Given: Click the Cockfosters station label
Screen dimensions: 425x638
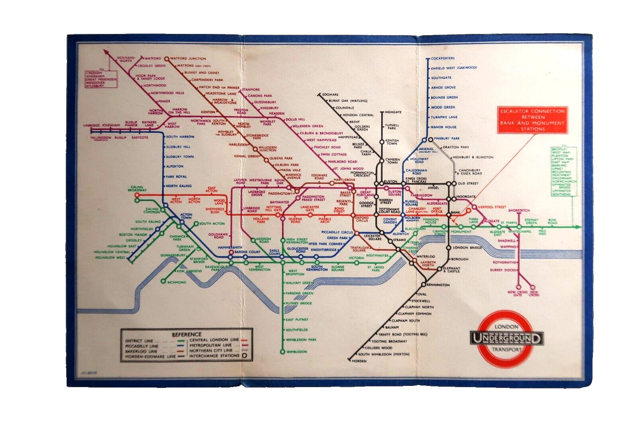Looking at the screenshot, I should click(443, 59).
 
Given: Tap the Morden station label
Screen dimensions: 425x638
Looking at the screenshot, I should click(359, 361).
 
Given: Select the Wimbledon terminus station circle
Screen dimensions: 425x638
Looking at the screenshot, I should click(282, 352).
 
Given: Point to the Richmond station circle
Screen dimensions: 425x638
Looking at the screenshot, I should click(163, 281).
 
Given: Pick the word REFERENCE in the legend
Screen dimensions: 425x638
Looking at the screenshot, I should click(187, 334).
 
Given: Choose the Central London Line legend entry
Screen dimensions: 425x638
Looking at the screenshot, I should click(214, 340).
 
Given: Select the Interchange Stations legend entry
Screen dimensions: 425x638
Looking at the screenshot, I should click(214, 356).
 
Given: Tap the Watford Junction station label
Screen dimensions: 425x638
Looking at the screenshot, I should click(188, 59).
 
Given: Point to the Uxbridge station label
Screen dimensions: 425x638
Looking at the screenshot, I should click(91, 126).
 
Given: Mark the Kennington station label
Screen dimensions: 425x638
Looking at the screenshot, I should click(438, 285).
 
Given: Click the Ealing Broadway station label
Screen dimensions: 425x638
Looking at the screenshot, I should click(137, 189).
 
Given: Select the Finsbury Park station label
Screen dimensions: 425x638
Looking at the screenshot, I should click(447, 138).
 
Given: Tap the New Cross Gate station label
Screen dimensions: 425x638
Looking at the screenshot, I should click(518, 294).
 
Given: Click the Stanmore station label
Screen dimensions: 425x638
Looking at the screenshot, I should click(250, 90).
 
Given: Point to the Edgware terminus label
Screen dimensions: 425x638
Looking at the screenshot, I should click(330, 94).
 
